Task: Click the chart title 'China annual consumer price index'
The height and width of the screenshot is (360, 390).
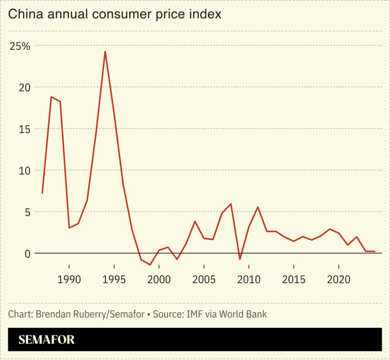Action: (114, 14)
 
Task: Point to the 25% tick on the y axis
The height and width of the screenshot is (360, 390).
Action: (20, 46)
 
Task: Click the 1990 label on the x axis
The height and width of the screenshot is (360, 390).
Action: (69, 279)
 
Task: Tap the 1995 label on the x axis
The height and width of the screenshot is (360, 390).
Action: (114, 279)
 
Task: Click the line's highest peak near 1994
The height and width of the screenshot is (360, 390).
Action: (105, 52)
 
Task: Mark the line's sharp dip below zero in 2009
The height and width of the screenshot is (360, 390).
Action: (240, 259)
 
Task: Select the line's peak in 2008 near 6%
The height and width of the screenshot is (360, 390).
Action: (231, 204)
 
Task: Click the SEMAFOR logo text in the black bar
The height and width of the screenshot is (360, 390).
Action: (46, 340)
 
